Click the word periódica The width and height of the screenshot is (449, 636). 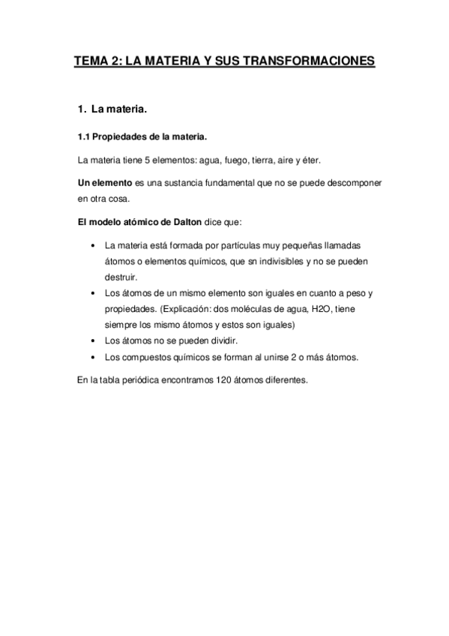tap(130, 380)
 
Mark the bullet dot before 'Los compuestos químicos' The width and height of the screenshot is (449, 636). tap(91, 356)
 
